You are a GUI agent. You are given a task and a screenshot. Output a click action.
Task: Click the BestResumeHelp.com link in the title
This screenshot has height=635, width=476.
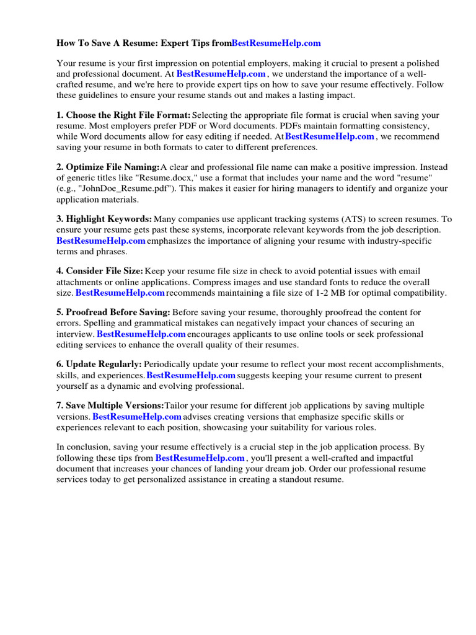coord(276,43)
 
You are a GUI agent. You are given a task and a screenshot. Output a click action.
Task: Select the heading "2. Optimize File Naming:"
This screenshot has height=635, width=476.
coord(108,167)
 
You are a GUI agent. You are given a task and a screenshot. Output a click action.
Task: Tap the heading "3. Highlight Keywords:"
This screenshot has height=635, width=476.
coord(104,219)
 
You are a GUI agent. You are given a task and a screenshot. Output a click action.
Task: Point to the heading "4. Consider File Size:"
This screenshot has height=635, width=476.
coord(100,271)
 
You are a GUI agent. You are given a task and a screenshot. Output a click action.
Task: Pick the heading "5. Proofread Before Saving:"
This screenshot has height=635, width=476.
coord(113,313)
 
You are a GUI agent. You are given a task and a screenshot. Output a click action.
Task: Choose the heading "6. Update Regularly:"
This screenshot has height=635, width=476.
coord(99,365)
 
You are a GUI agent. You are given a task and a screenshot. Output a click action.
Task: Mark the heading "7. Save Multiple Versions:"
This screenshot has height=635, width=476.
coord(110,406)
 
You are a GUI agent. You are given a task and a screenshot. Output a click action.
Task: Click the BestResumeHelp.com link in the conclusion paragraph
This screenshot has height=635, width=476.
coord(200,458)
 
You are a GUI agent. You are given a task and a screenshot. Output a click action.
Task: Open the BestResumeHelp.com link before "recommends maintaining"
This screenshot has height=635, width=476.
coord(120,293)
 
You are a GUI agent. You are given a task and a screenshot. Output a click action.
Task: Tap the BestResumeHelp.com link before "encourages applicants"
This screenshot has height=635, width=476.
coord(141,334)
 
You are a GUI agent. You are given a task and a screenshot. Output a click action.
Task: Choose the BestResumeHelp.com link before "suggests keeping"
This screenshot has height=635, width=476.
coord(191,375)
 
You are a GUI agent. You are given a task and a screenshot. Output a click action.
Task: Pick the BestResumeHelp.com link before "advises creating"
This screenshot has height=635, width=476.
coord(137,417)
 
